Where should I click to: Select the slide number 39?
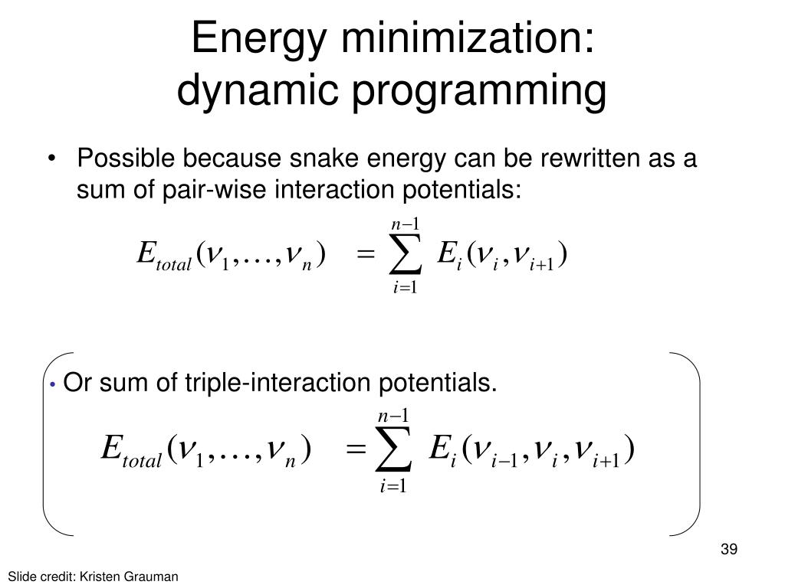(729, 550)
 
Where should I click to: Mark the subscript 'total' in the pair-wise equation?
(173, 264)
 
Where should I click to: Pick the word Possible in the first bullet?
(127, 159)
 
